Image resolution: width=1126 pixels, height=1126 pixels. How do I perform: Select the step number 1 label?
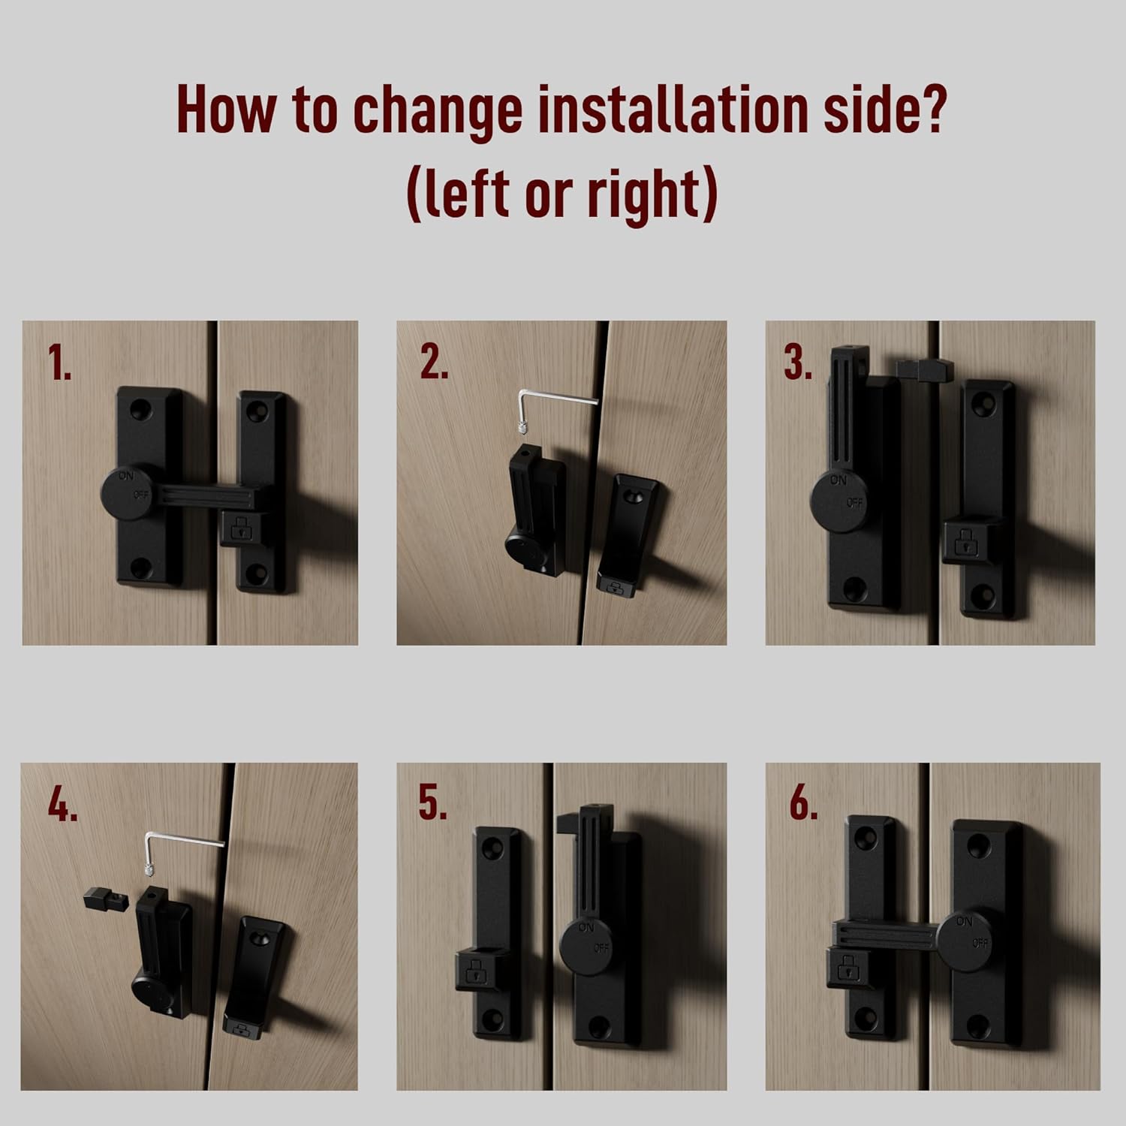click(x=59, y=363)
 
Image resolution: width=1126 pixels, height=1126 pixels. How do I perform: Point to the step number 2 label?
click(x=433, y=363)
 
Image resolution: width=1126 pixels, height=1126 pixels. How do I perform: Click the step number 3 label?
click(x=798, y=363)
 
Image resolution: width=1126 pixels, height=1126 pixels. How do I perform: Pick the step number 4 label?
click(x=62, y=805)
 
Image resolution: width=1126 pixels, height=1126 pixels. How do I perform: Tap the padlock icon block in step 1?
click(x=241, y=528)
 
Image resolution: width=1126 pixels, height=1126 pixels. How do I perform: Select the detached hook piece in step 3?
click(x=924, y=369)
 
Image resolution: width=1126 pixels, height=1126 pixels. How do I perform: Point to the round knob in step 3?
click(x=840, y=500)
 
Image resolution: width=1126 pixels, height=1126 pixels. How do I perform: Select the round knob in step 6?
click(x=968, y=941)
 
